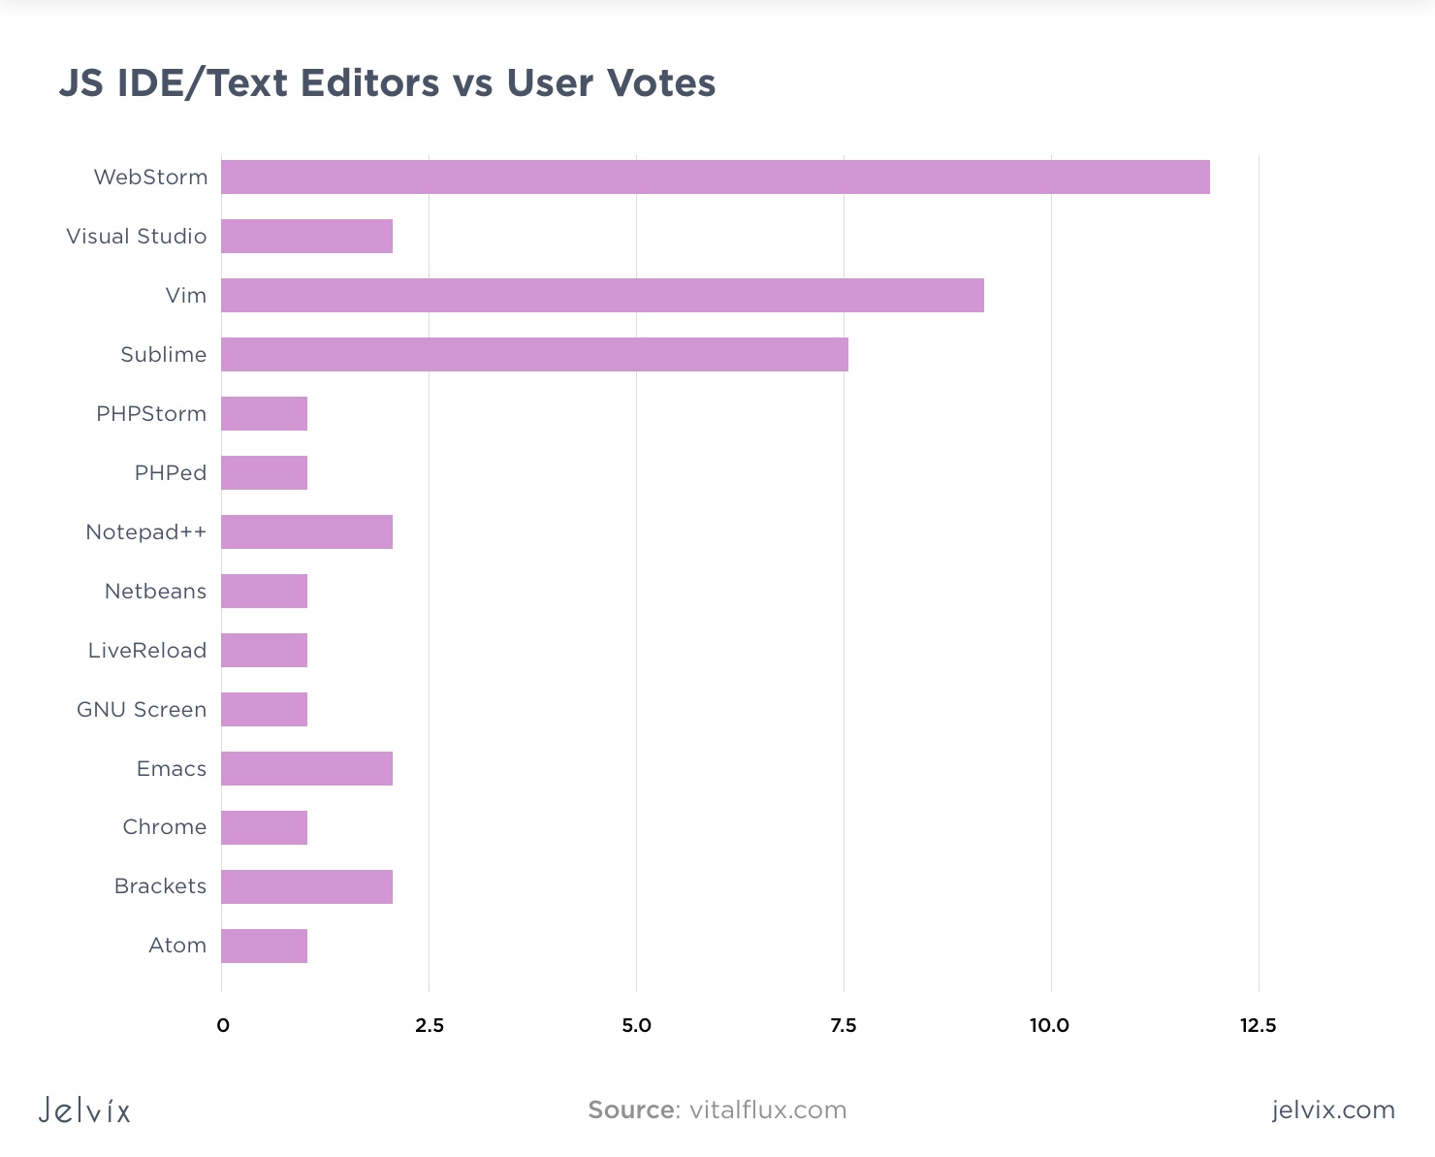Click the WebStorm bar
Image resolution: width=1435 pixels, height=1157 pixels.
point(715,177)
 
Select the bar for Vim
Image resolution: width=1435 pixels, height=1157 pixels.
point(602,296)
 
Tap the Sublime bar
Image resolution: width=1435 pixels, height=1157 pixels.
point(534,355)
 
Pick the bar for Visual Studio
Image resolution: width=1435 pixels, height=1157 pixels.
point(306,237)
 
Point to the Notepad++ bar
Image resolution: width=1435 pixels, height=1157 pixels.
point(306,532)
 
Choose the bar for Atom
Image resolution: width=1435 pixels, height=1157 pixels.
point(264,947)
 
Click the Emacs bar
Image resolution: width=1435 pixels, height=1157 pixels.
point(306,769)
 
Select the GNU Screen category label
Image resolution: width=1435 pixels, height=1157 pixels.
point(142,710)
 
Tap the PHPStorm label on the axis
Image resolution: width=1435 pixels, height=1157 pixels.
point(151,414)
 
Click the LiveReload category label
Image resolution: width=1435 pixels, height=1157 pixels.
point(147,651)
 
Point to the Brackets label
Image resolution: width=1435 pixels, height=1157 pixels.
point(160,886)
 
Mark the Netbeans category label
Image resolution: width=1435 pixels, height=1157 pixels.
point(155,592)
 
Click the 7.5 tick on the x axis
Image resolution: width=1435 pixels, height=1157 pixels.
point(844,1026)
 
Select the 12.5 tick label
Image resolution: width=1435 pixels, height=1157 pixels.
point(1258,1026)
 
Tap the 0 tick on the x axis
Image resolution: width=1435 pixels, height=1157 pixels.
point(223,1026)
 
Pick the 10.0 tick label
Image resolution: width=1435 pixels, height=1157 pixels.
point(1049,1026)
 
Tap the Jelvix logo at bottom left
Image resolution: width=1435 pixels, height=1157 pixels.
point(84,1110)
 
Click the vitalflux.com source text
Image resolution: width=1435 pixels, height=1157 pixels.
point(768,1110)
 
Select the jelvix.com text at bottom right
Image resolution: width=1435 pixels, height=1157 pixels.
point(1333,1110)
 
